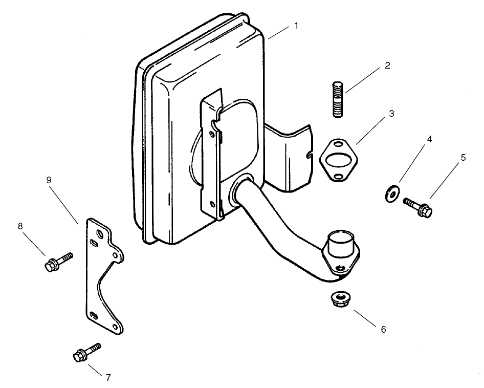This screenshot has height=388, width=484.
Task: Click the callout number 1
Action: [x=296, y=25]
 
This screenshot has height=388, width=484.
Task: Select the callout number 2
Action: [x=387, y=66]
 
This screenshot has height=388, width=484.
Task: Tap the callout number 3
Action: [x=391, y=114]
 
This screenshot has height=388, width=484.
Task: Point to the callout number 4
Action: [x=430, y=139]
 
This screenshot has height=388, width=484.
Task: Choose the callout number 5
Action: [x=463, y=158]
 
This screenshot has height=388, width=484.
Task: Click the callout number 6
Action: [x=382, y=329]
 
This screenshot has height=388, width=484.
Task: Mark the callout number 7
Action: [x=108, y=378]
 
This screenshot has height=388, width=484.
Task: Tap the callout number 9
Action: [x=49, y=180]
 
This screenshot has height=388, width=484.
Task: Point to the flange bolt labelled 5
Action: [x=419, y=207]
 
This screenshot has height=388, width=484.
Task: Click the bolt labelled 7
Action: [x=87, y=352]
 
